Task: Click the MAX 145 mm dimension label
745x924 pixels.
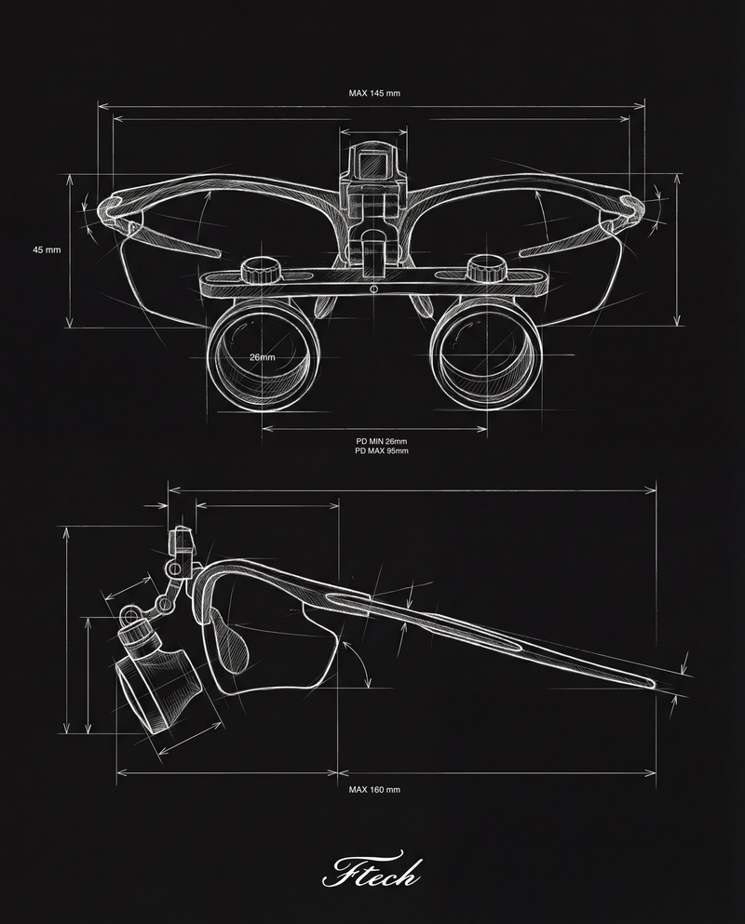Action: click(x=374, y=93)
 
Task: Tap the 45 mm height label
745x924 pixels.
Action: click(x=46, y=250)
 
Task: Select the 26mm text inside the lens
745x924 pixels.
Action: click(x=262, y=357)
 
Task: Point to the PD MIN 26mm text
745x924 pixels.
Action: click(x=381, y=440)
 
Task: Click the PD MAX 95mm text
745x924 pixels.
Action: click(x=381, y=450)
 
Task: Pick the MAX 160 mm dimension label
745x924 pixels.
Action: click(x=374, y=789)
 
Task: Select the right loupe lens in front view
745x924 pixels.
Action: click(x=484, y=358)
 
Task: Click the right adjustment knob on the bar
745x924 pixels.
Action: click(x=484, y=271)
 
